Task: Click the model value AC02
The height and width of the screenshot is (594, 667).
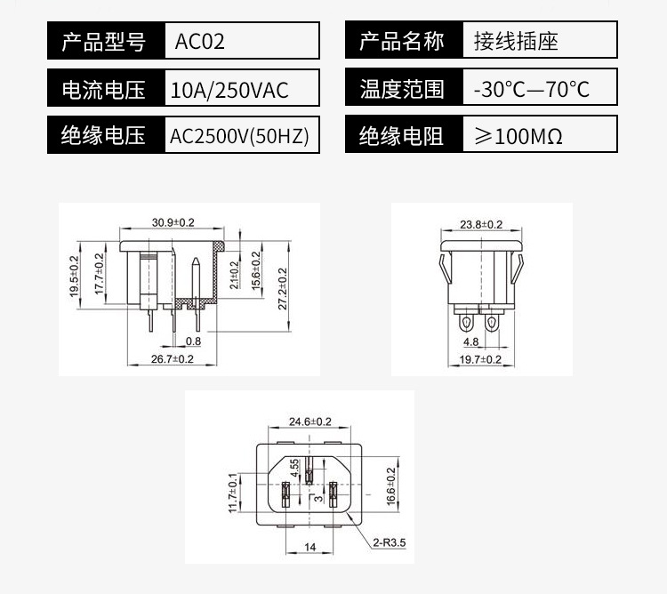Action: pyautogui.click(x=200, y=42)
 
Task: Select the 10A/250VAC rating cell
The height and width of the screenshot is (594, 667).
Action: pyautogui.click(x=229, y=90)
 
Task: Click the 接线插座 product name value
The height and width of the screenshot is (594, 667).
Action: pyautogui.click(x=516, y=42)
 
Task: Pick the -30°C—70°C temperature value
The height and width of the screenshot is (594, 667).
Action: pyautogui.click(x=532, y=89)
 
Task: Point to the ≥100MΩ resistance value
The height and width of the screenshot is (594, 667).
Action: pyautogui.click(x=518, y=136)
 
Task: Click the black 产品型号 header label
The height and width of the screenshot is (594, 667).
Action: pyautogui.click(x=102, y=42)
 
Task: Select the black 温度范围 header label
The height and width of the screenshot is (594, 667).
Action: pyautogui.click(x=401, y=89)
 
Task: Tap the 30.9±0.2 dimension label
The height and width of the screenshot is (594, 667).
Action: pyautogui.click(x=173, y=221)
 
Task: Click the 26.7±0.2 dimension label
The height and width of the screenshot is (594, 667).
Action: pyautogui.click(x=173, y=358)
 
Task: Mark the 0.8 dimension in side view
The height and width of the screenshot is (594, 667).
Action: pyautogui.click(x=193, y=341)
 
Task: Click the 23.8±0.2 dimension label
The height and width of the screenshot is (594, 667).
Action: pyautogui.click(x=481, y=224)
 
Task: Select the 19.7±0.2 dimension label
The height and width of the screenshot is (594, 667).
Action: pyautogui.click(x=481, y=358)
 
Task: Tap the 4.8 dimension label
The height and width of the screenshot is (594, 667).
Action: pyautogui.click(x=471, y=341)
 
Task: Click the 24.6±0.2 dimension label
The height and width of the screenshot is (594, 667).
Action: pyautogui.click(x=309, y=421)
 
